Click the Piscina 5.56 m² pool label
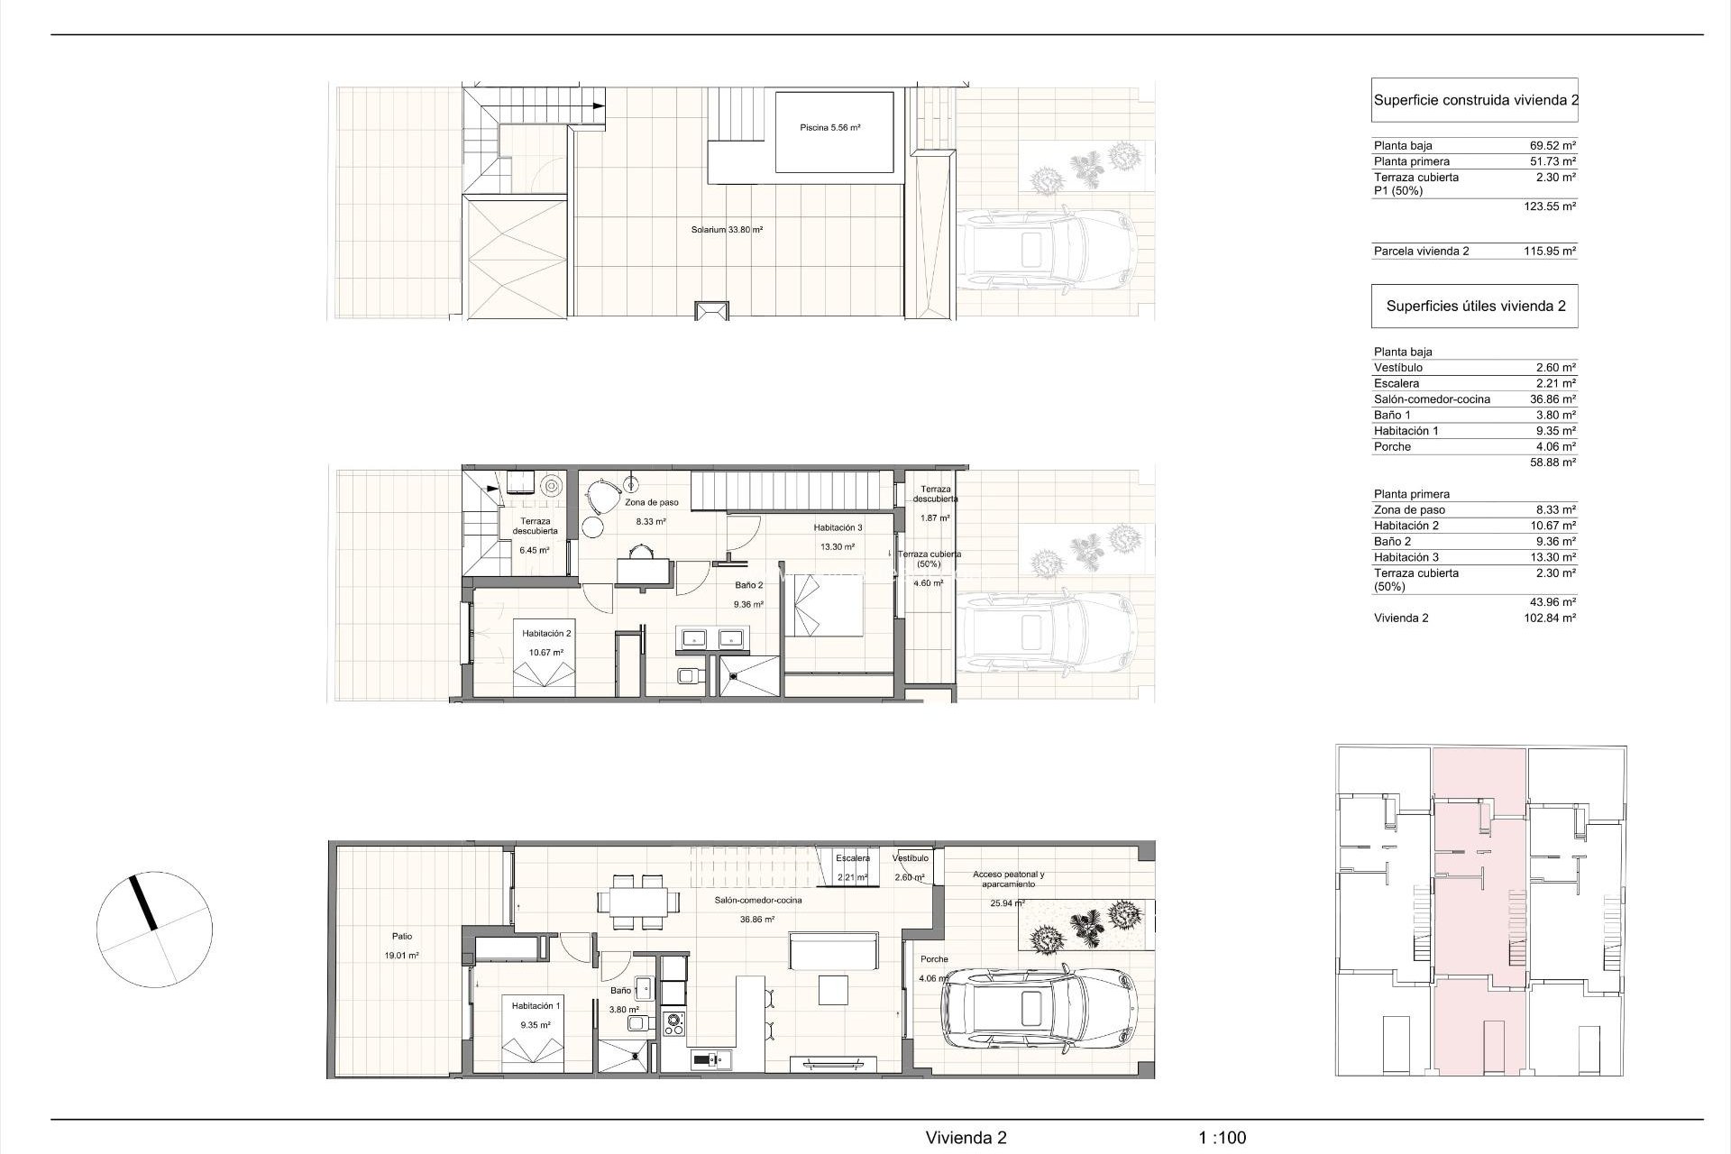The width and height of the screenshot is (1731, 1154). [829, 128]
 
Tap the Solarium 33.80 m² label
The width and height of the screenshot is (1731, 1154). [727, 230]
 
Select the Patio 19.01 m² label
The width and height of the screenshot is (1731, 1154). [401, 946]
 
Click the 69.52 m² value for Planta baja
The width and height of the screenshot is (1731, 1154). [1552, 145]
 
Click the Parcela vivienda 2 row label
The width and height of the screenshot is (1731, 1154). [1421, 252]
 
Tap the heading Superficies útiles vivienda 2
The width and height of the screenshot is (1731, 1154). [1475, 306]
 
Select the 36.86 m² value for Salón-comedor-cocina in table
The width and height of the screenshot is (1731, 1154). [1552, 399]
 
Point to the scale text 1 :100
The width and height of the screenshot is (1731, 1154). [1222, 1139]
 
